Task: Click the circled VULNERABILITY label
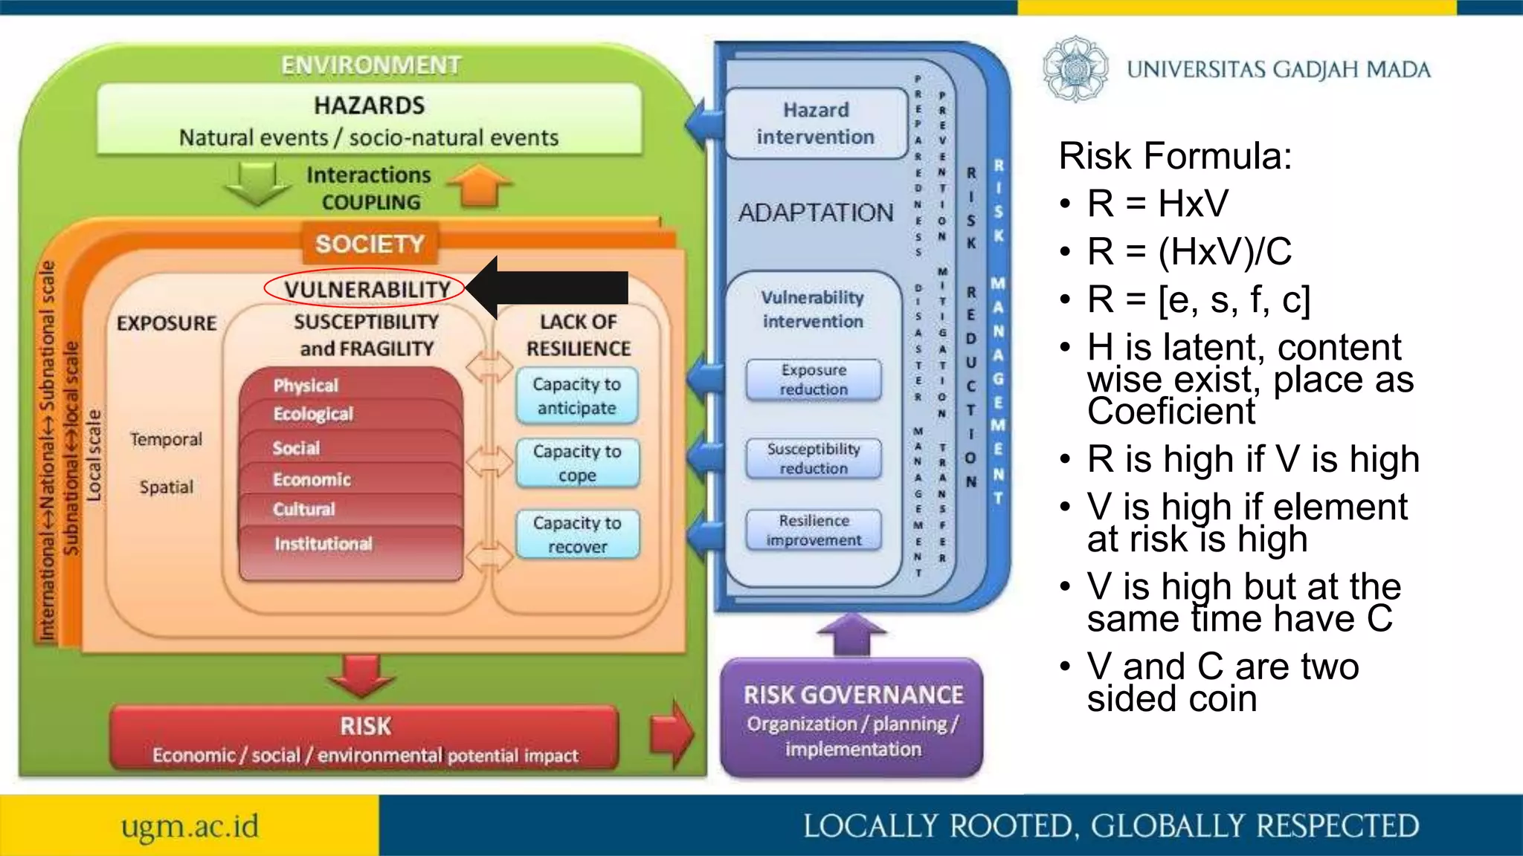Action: click(x=366, y=289)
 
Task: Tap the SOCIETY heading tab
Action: click(x=370, y=244)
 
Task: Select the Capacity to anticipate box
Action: click(x=577, y=396)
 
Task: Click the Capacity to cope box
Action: click(x=577, y=463)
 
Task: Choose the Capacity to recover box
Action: click(x=577, y=534)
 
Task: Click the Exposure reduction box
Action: click(x=814, y=380)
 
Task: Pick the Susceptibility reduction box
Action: click(x=814, y=458)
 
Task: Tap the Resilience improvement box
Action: click(x=814, y=530)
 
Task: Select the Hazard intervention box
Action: click(x=816, y=123)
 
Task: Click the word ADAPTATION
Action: click(x=816, y=213)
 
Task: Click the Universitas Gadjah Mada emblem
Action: click(x=1075, y=69)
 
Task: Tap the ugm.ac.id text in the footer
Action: click(x=190, y=826)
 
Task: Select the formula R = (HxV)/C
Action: click(x=1189, y=251)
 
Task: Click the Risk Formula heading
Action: click(x=1175, y=156)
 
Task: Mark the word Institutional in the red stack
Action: click(x=323, y=544)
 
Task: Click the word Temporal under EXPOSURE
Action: click(x=166, y=439)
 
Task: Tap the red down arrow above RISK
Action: click(x=361, y=675)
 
